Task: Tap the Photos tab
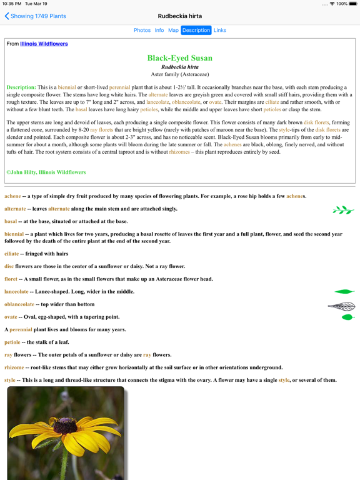[142, 30]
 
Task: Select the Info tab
[159, 30]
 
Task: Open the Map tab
[173, 30]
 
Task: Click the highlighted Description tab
[196, 30]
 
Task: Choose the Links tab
[220, 30]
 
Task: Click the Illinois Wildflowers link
[44, 44]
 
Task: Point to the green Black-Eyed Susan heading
[180, 58]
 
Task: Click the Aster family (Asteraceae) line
[180, 74]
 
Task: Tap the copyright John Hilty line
[46, 172]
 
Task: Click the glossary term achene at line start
[12, 196]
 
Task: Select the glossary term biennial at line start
[14, 234]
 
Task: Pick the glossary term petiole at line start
[12, 342]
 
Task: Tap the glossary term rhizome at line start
[14, 367]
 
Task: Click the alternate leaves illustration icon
[343, 210]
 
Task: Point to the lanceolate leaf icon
[344, 292]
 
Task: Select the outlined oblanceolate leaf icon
[341, 306]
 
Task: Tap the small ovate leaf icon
[347, 317]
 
